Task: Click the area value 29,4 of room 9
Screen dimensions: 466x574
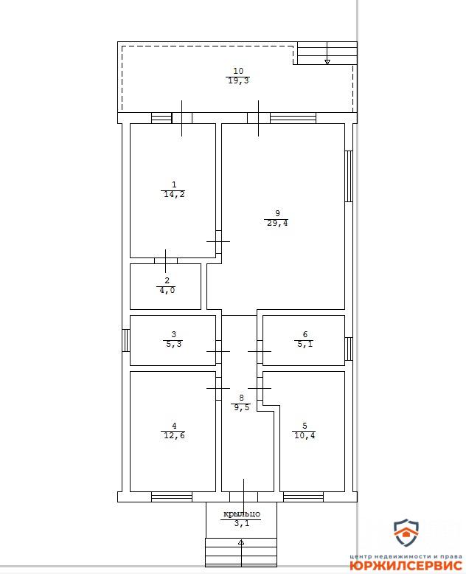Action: tap(277, 223)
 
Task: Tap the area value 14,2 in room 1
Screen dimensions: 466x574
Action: tap(174, 194)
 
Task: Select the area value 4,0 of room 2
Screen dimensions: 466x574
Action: tap(167, 290)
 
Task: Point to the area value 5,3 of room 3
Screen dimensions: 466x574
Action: tap(174, 344)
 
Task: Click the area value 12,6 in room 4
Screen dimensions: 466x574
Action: tap(174, 435)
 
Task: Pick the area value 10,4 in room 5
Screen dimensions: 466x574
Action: tap(305, 435)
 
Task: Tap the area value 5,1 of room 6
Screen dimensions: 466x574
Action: tap(305, 344)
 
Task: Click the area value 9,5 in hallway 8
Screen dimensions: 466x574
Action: tap(241, 407)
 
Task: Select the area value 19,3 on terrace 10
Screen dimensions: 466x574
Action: tap(238, 80)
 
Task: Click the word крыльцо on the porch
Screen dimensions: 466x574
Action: tap(242, 514)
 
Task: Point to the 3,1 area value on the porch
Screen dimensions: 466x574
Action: tap(242, 524)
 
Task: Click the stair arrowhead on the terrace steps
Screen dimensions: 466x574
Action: tap(327, 62)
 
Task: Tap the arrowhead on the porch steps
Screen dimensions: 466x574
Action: tap(241, 542)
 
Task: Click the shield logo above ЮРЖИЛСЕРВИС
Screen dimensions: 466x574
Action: tap(406, 532)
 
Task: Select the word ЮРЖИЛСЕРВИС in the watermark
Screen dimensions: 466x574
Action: tap(406, 566)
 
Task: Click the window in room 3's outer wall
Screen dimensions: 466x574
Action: tap(126, 340)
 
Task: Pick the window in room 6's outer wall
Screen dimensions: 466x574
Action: tap(349, 348)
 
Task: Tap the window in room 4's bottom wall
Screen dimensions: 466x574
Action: tap(172, 497)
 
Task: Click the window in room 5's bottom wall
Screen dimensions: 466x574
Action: tap(303, 497)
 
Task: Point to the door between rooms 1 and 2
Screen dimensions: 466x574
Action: tap(166, 260)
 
